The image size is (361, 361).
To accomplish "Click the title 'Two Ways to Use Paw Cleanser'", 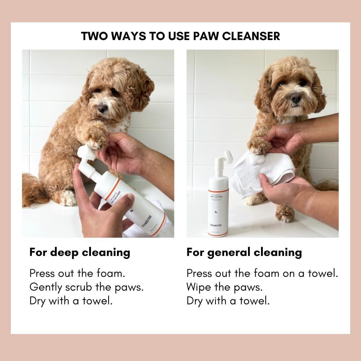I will [180, 36].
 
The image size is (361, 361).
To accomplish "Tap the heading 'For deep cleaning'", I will [80, 252].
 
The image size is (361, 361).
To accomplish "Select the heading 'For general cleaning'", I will [244, 252].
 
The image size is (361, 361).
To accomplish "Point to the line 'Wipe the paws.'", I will [225, 287].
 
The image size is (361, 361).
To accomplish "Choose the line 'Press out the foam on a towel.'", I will [262, 273].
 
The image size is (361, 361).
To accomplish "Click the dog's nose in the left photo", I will [102, 108].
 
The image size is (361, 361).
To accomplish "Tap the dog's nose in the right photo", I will [296, 97].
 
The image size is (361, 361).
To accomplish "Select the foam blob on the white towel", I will [257, 159].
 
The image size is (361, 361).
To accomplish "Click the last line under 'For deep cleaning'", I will [71, 301].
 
